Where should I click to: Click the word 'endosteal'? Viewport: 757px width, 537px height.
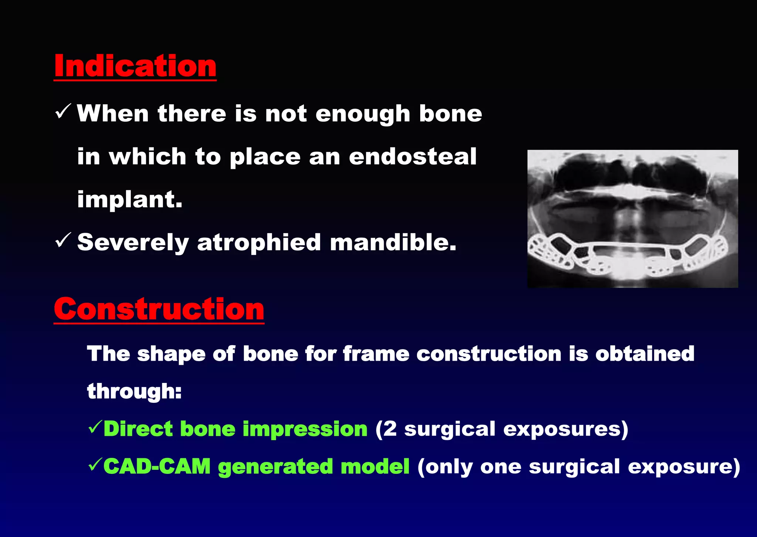pos(413,156)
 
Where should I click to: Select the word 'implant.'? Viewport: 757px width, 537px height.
pos(130,200)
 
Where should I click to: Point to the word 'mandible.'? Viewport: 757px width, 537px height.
pos(393,243)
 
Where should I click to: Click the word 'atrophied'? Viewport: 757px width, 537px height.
pos(259,243)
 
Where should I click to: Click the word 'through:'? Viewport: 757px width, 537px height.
pos(134,391)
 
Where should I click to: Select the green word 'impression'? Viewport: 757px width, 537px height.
pos(305,429)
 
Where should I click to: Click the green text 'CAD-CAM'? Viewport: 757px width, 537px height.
pos(157,466)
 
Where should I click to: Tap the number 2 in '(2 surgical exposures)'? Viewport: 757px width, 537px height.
pos(390,429)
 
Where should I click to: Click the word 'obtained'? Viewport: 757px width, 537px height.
pos(645,354)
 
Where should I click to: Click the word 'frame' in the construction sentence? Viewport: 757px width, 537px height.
pos(376,354)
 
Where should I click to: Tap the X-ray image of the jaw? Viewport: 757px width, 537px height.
pos(632,219)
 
